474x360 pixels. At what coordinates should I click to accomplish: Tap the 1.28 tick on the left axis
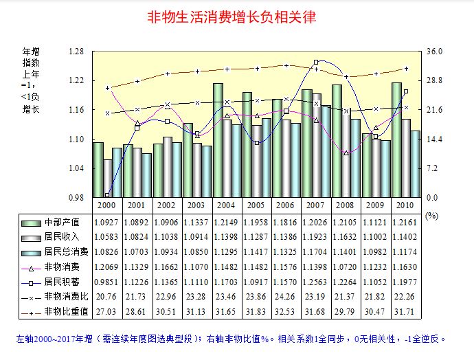pyautogui.click(x=76, y=52)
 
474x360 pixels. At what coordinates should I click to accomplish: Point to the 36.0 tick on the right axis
pyautogui.click(x=435, y=52)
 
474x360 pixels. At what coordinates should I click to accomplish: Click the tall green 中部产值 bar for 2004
pyautogui.click(x=218, y=137)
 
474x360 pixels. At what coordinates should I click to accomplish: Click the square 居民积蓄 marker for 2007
pyautogui.click(x=315, y=62)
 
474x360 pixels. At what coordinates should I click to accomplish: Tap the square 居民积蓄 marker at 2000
pyautogui.click(x=107, y=195)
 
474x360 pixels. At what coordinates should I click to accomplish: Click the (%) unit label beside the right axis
pyautogui.click(x=431, y=215)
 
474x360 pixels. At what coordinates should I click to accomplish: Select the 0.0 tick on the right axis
pyautogui.click(x=432, y=197)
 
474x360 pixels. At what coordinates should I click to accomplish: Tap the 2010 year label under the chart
pyautogui.click(x=405, y=205)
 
